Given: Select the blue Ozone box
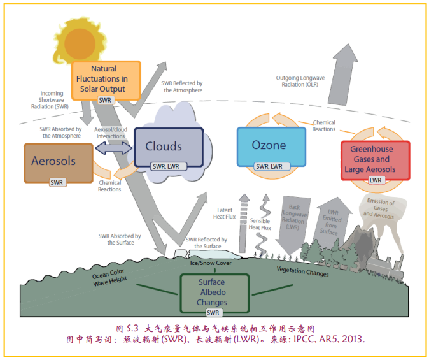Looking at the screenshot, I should (x=269, y=146).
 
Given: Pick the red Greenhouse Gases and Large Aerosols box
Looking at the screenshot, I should (x=375, y=160).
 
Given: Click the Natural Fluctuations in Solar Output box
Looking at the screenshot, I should (x=106, y=80).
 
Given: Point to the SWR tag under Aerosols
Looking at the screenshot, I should (x=58, y=182).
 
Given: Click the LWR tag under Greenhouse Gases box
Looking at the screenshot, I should (x=376, y=180).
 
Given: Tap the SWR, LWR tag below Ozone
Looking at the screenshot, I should (x=269, y=166).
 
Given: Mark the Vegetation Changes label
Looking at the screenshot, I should (x=302, y=272).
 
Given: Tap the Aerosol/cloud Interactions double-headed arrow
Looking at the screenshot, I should (x=110, y=148).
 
